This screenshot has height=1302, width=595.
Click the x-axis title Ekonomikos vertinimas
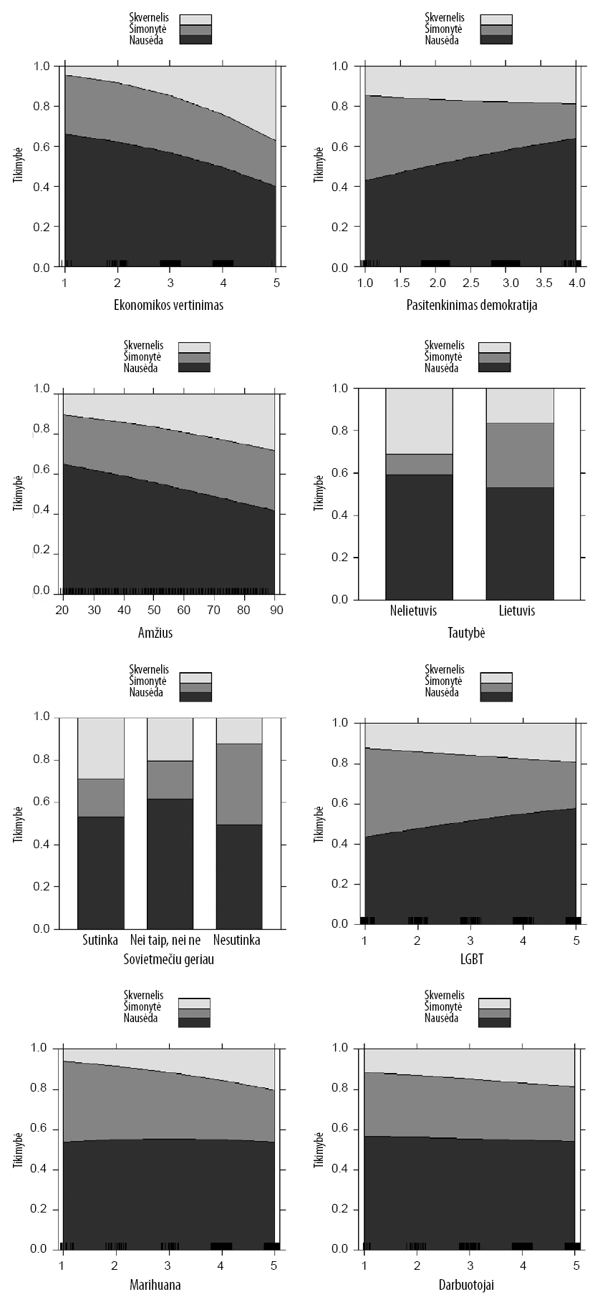click(169, 305)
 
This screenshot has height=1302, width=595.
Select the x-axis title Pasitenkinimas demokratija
click(470, 305)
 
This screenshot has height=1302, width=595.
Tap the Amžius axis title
click(155, 633)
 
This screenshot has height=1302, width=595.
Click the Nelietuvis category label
click(414, 611)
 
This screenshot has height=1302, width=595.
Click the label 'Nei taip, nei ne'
click(170, 940)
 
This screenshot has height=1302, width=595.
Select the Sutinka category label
click(100, 940)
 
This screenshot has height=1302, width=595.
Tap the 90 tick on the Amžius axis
click(276, 610)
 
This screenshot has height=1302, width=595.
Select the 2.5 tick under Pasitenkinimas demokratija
click(470, 284)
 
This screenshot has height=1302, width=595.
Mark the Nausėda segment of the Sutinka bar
click(101, 873)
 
